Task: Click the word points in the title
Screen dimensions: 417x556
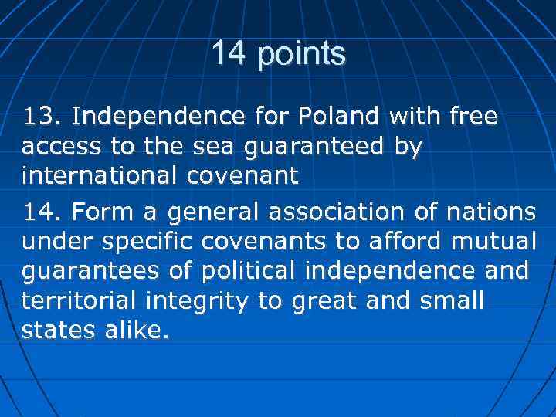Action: coord(302,55)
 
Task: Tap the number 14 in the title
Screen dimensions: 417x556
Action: coord(229,53)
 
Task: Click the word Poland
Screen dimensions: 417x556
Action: coord(341,117)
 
